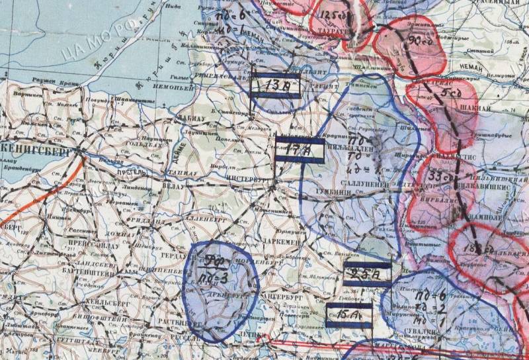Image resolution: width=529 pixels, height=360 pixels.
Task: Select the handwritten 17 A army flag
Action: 299,151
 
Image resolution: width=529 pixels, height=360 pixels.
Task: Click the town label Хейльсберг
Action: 99,303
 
